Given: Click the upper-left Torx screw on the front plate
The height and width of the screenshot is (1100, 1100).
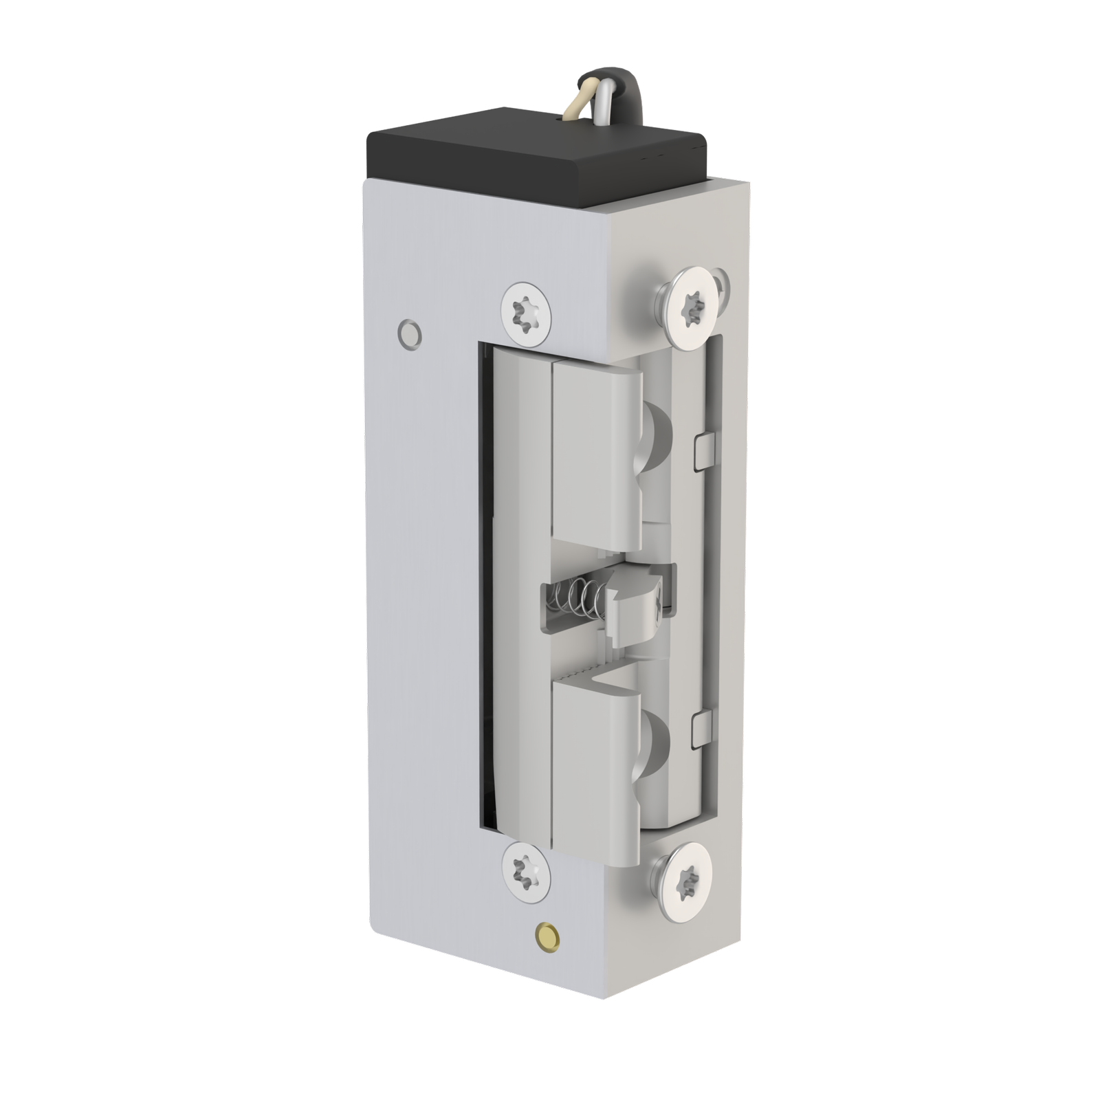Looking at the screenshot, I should (527, 313).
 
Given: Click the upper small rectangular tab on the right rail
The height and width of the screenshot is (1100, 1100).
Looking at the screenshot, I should (705, 450).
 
